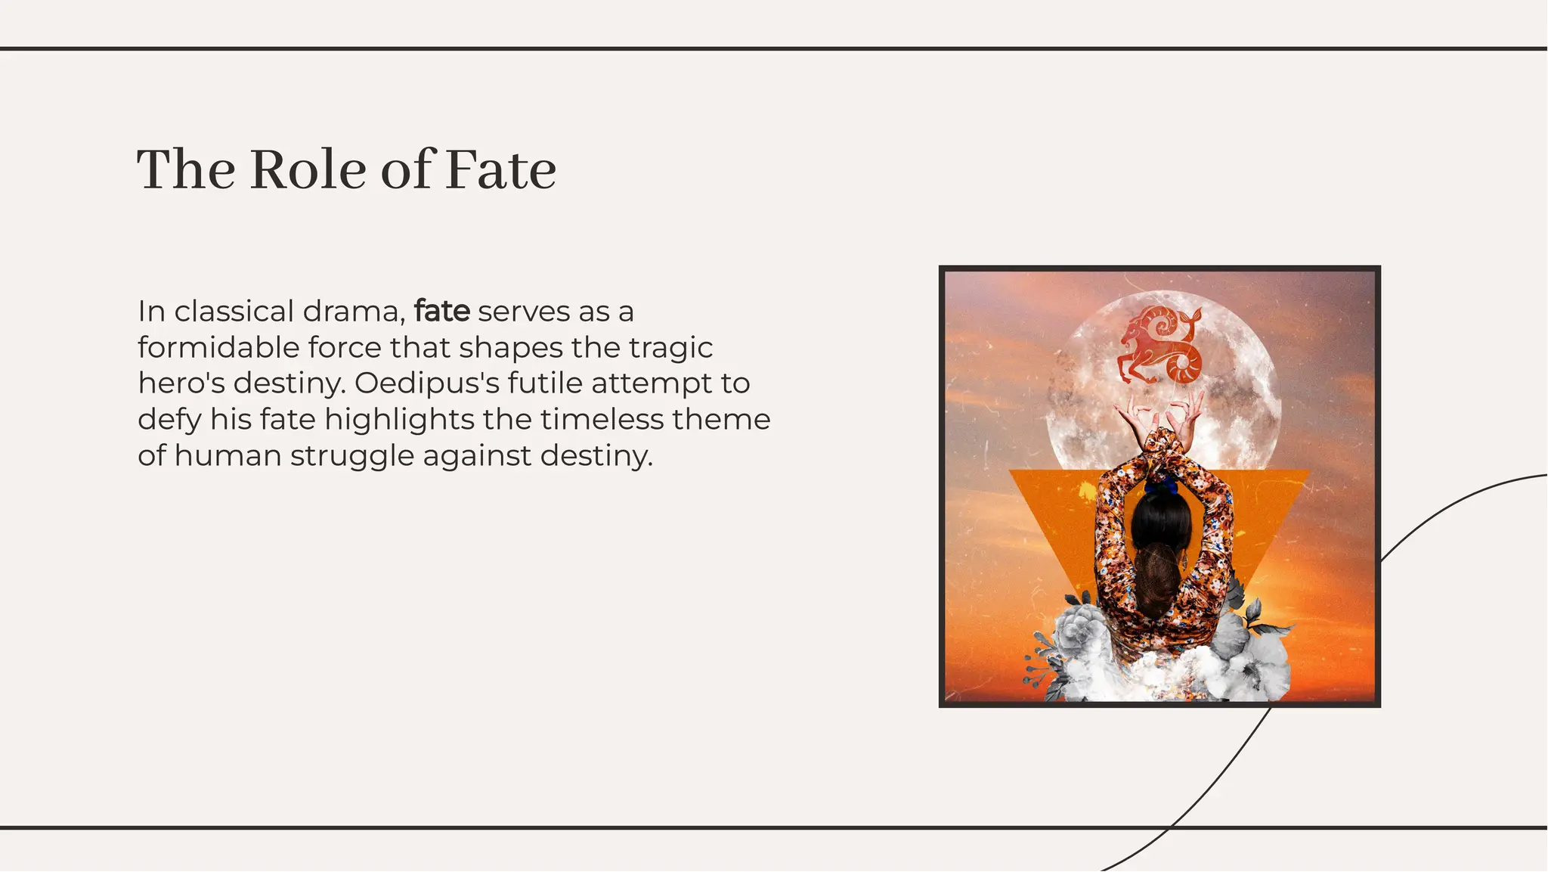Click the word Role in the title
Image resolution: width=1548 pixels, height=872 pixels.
[308, 170]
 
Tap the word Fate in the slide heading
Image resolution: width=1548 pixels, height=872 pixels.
[500, 170]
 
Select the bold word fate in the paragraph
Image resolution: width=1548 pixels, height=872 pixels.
[442, 311]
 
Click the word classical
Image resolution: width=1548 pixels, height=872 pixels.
[234, 311]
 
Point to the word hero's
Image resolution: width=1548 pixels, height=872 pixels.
[181, 383]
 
